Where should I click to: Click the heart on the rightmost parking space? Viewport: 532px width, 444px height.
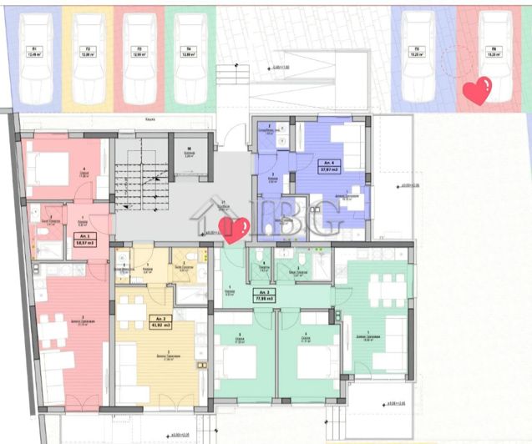(477, 90)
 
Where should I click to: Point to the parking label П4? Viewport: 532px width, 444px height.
(190, 49)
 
